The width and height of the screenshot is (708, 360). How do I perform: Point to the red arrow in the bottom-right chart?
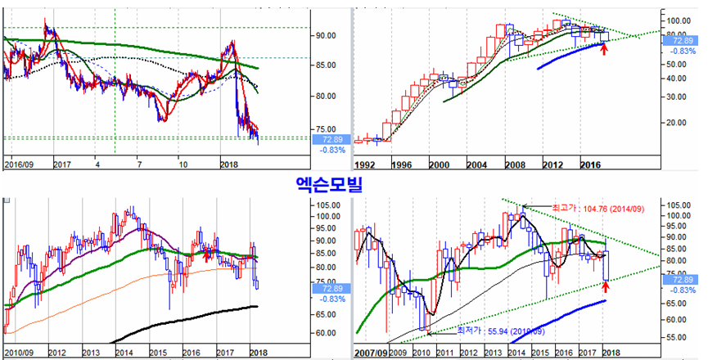point(607,286)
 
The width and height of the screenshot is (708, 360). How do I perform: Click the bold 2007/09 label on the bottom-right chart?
point(372,353)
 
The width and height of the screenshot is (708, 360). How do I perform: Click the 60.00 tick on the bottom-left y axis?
point(327,333)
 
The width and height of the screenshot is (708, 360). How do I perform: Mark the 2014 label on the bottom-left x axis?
point(125,353)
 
